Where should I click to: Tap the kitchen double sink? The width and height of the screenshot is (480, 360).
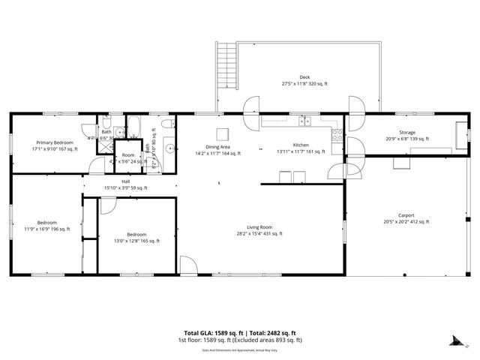click(x=304, y=121)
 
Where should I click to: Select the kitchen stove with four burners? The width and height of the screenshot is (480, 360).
click(x=337, y=135)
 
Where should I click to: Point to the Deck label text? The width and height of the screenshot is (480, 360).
click(x=304, y=77)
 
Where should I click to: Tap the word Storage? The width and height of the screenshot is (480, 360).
click(x=406, y=132)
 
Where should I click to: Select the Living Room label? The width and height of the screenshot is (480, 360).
click(x=260, y=227)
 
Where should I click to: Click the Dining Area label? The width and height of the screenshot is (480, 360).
click(x=217, y=146)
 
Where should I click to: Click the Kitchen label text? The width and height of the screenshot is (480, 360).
click(x=301, y=145)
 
